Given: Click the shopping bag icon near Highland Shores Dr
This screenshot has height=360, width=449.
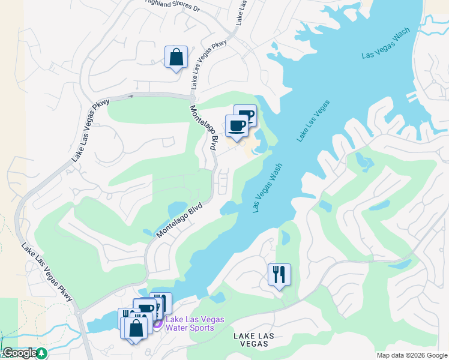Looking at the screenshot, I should pyautogui.click(x=176, y=58).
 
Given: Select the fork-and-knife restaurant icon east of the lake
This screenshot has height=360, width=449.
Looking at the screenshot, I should pyautogui.click(x=279, y=275).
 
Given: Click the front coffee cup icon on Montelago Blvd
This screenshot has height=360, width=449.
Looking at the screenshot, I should pyautogui.click(x=237, y=126).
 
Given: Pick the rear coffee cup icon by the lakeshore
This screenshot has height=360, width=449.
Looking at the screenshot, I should pyautogui.click(x=246, y=115).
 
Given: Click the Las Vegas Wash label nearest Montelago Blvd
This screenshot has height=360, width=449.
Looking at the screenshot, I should pyautogui.click(x=268, y=189).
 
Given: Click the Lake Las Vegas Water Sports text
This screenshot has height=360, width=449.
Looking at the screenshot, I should pyautogui.click(x=194, y=323).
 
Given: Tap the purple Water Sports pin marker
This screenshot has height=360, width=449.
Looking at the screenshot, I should pyautogui.click(x=157, y=324).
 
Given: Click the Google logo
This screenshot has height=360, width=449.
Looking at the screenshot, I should pyautogui.click(x=19, y=353).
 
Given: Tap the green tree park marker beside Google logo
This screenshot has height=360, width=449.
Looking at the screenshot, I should pyautogui.click(x=41, y=353).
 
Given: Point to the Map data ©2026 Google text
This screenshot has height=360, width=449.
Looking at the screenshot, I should pyautogui.click(x=412, y=355).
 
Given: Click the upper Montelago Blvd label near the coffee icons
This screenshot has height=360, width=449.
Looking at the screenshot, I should pyautogui.click(x=203, y=127).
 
